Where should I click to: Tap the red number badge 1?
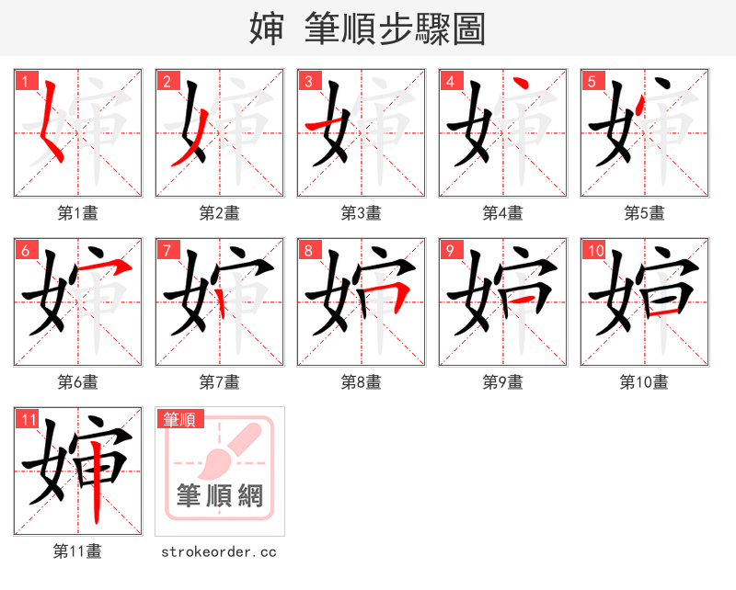pyautogui.click(x=25, y=81)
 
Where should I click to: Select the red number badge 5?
pyautogui.click(x=592, y=81)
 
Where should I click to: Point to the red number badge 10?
pyautogui.click(x=594, y=250)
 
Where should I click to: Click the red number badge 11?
pyautogui.click(x=28, y=419)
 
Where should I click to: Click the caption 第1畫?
pyautogui.click(x=78, y=213)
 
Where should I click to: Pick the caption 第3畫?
pyautogui.click(x=362, y=213)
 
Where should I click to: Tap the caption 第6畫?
pyautogui.click(x=78, y=382)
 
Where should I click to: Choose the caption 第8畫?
pyautogui.click(x=362, y=382)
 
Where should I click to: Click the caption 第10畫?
pyautogui.click(x=644, y=382)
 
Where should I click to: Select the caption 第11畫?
pyautogui.click(x=78, y=551)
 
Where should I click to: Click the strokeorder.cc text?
pyautogui.click(x=219, y=551)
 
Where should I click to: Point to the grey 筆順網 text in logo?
pyautogui.click(x=220, y=496)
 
